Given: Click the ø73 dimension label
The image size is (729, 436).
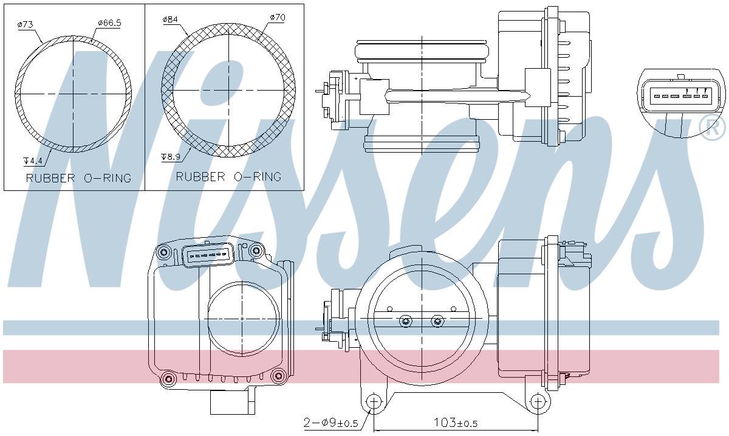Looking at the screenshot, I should coord(25,24).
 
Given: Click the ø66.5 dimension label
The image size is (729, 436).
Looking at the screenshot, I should coord(109,24).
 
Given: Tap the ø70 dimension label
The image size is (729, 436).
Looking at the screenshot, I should coord(277,18).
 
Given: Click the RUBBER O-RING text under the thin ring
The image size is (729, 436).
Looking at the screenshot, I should coord(78,178).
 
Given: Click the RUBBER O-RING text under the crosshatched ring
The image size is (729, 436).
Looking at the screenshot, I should coord(228,177).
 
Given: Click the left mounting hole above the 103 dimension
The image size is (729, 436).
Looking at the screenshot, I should coord(374,401).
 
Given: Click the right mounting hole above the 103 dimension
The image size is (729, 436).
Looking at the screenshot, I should coord(537,401).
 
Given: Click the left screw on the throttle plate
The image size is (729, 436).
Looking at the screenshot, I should coord(405,321).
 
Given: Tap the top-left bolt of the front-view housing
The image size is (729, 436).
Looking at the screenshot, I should coord(164,252).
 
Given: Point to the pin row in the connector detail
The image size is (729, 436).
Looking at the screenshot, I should coord(679,96).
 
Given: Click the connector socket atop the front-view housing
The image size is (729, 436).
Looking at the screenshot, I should coord(208,256).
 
